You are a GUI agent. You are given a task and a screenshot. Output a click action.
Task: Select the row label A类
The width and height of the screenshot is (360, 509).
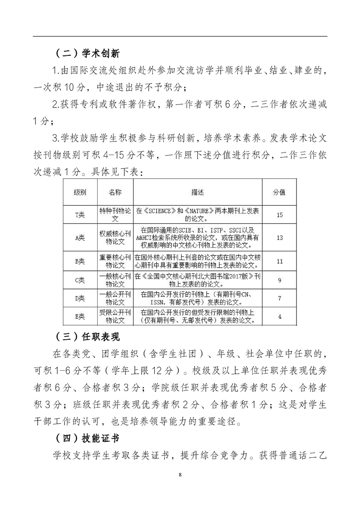click(x=80, y=237)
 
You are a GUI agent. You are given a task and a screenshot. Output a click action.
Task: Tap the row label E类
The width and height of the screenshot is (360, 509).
click(x=80, y=317)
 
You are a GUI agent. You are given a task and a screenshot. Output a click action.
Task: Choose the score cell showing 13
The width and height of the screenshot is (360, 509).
click(x=279, y=237)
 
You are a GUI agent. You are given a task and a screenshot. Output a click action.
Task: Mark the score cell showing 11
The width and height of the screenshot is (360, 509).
click(x=279, y=261)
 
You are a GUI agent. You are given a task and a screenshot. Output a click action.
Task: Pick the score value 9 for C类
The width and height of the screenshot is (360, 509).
click(x=279, y=280)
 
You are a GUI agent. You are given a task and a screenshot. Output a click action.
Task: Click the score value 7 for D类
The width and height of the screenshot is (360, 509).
click(x=279, y=298)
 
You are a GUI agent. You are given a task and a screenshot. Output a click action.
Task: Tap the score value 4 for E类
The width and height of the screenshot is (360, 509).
click(x=279, y=317)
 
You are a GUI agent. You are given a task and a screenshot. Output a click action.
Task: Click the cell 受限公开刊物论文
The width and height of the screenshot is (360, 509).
click(x=115, y=316)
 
